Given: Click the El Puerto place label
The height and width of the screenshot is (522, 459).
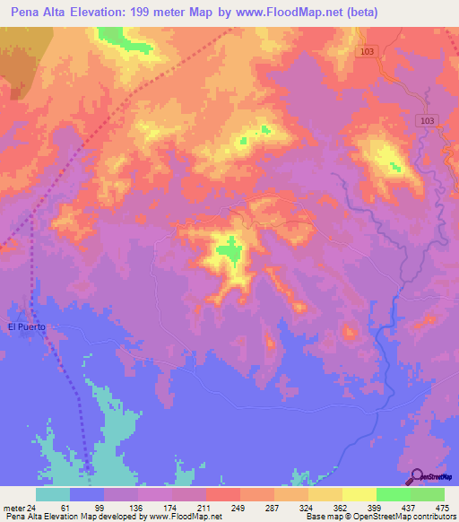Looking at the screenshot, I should click(x=26, y=326).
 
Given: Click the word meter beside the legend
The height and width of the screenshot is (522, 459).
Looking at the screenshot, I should click(x=13, y=508).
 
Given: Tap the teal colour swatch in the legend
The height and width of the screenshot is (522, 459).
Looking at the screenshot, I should click(x=53, y=494).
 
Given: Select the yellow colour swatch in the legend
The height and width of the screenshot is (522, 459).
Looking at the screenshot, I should click(x=359, y=494).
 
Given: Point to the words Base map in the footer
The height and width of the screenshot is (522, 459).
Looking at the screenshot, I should click(x=321, y=517).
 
